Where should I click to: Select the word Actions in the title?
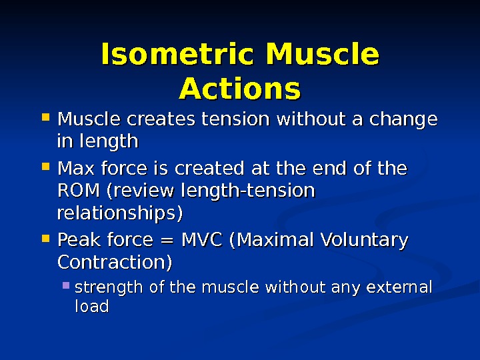point(240,88)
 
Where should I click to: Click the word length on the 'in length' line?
point(107,142)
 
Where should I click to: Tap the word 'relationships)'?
point(120,214)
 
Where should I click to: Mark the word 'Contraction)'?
point(115,262)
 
